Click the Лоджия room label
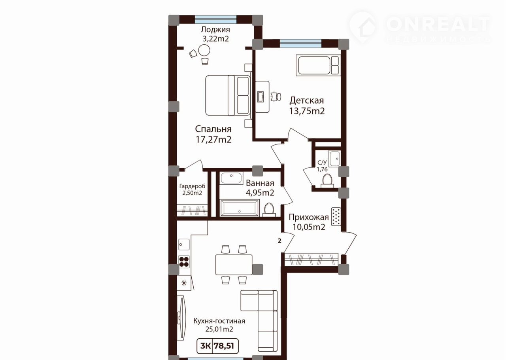[x=215, y=30]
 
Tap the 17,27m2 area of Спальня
[x=213, y=140]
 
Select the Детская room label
[x=307, y=100]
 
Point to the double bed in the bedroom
[x=228, y=95]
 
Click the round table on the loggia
[x=204, y=50]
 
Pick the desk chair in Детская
[x=276, y=97]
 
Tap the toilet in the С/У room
[x=327, y=181]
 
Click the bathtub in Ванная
[x=240, y=208]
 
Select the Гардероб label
[x=192, y=186]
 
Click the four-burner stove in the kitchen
[x=184, y=261]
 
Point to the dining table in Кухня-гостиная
[x=234, y=265]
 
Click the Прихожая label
[x=309, y=217]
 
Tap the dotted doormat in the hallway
[x=336, y=217]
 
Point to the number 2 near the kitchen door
[x=279, y=241]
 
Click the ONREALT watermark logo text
[x=438, y=24]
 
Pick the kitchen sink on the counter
[x=184, y=244]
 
